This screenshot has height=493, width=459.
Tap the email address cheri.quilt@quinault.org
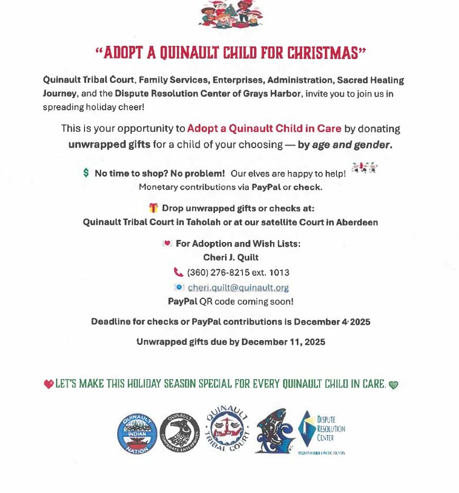238,288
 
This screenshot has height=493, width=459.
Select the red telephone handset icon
179,273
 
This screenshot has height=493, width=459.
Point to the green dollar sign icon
86,173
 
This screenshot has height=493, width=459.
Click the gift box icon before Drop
154,208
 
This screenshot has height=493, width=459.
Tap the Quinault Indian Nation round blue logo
137,432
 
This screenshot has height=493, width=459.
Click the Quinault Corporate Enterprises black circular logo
180,432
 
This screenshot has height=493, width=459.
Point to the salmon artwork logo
274,431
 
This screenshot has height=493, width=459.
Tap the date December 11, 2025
283,342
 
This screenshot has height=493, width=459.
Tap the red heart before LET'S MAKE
49,384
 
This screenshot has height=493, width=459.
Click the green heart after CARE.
394,385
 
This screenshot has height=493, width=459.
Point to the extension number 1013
279,273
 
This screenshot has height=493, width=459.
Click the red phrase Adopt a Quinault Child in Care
264,129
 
